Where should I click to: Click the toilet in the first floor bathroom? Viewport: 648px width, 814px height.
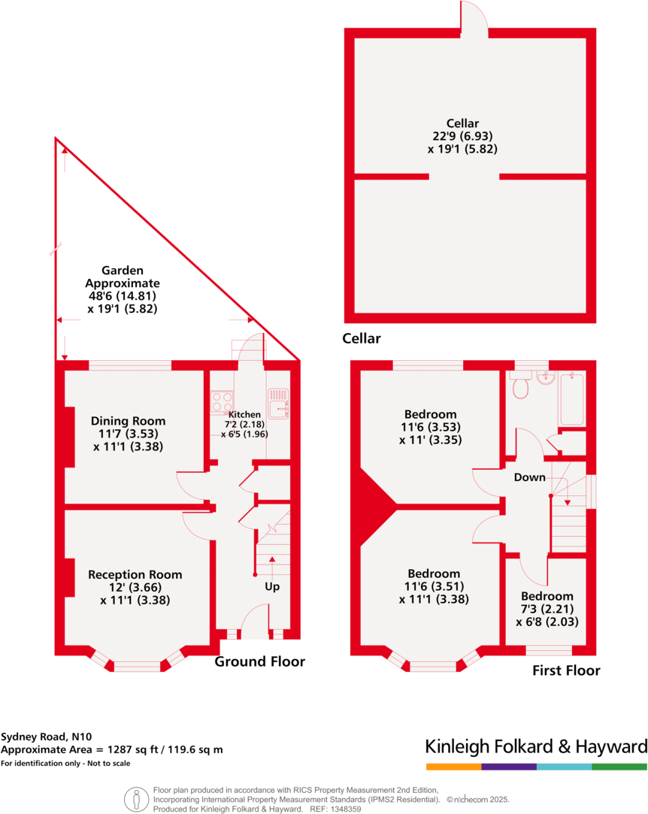[x=519, y=386]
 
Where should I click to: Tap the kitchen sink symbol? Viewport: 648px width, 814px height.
[x=278, y=402]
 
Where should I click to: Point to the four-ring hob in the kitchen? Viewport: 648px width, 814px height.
[x=222, y=403]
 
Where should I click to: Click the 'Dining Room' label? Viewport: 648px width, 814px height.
[x=128, y=421]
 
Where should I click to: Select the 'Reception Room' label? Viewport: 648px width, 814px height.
[x=135, y=574]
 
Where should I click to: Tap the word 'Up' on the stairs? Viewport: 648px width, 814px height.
[x=271, y=586]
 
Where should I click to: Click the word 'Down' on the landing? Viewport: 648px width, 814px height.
[x=529, y=477]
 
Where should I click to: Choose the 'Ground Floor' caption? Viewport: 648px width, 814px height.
[x=260, y=661]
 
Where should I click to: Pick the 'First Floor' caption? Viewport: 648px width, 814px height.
[x=566, y=670]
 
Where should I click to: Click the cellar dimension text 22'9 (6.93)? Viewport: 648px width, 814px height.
[x=462, y=136]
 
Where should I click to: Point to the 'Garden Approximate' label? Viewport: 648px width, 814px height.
[x=123, y=277]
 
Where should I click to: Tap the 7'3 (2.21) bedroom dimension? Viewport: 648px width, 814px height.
[x=547, y=609]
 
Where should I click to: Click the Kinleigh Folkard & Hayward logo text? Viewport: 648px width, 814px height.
[x=536, y=746]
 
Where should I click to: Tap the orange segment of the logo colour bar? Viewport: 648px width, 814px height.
[x=453, y=767]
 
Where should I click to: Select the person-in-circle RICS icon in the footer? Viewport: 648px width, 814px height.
[x=136, y=798]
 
